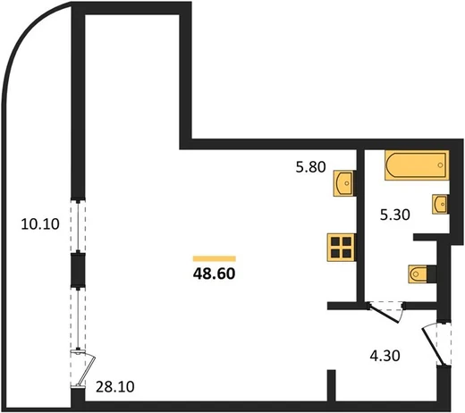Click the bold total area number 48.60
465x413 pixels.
point(214,274)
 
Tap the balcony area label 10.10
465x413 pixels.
point(40,224)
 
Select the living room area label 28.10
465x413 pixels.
point(115,387)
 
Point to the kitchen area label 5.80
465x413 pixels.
point(310,167)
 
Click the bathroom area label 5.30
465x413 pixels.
point(395,215)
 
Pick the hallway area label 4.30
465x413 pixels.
point(385,356)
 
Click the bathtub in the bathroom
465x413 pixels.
point(417,165)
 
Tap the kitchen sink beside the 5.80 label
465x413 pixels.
point(344,183)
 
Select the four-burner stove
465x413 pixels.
point(342,248)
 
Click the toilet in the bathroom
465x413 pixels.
point(418,274)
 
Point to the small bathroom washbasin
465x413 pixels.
point(440,204)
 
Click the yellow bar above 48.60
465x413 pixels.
point(215,258)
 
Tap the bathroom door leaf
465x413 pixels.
point(384,313)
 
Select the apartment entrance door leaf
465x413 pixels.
point(434,347)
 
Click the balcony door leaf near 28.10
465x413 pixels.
point(87,370)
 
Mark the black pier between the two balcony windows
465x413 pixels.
point(78,270)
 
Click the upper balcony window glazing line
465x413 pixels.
point(78,226)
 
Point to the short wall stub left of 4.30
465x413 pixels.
point(332,386)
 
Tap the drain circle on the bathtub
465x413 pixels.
point(440,165)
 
